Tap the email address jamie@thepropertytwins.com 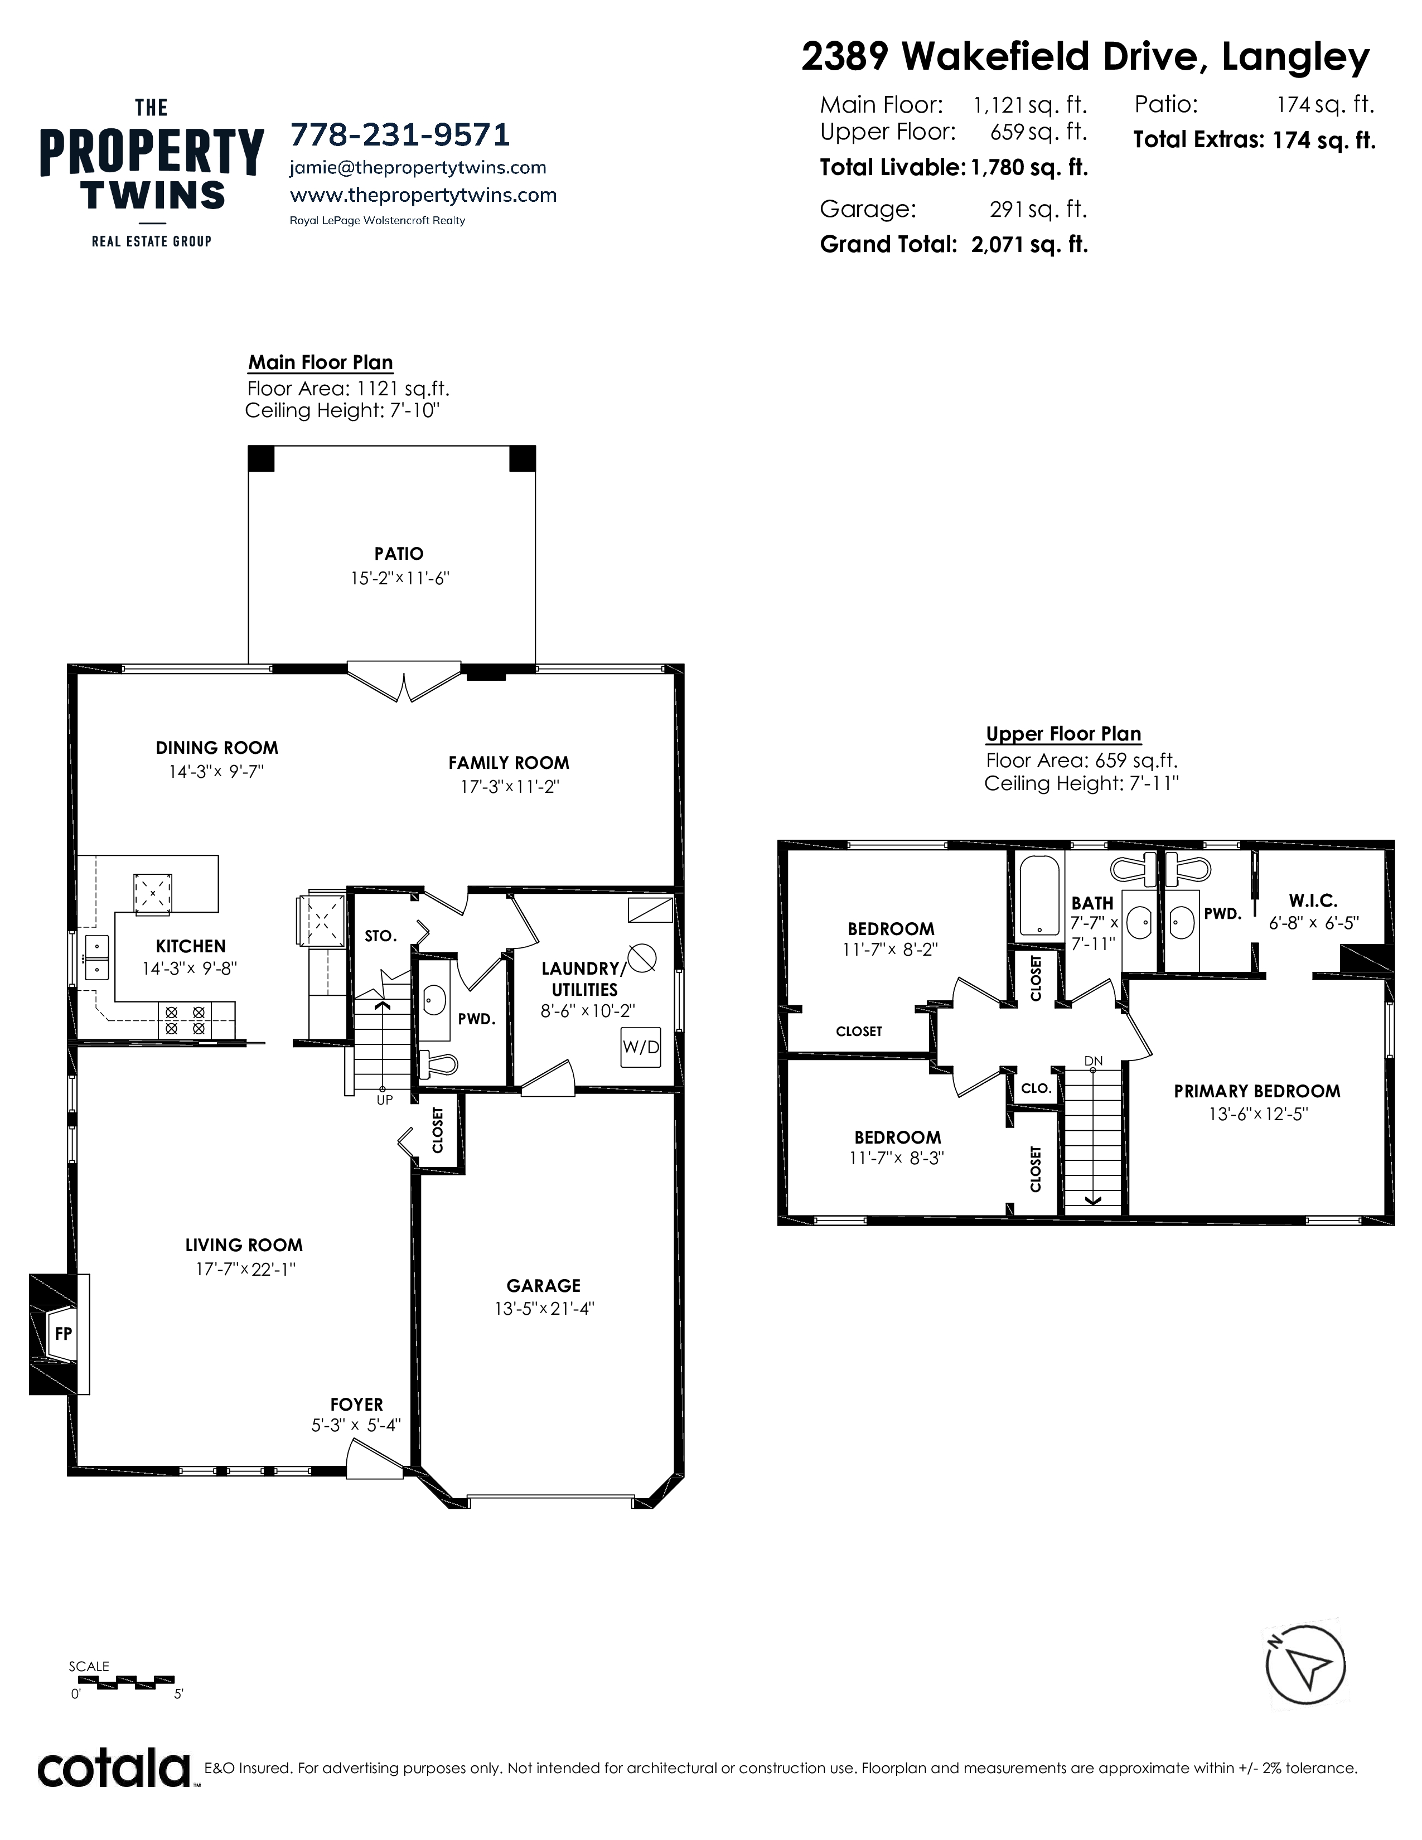click(418, 168)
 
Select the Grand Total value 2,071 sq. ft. click(1029, 244)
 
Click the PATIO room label click(399, 554)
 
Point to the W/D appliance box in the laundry click(640, 1047)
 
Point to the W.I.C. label click(1313, 900)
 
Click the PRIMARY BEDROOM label click(1257, 1091)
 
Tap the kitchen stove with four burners click(185, 1020)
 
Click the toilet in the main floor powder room click(438, 1064)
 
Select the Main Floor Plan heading click(320, 363)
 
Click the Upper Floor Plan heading click(1063, 734)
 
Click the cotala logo click(114, 1769)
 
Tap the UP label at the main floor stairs click(384, 1100)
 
